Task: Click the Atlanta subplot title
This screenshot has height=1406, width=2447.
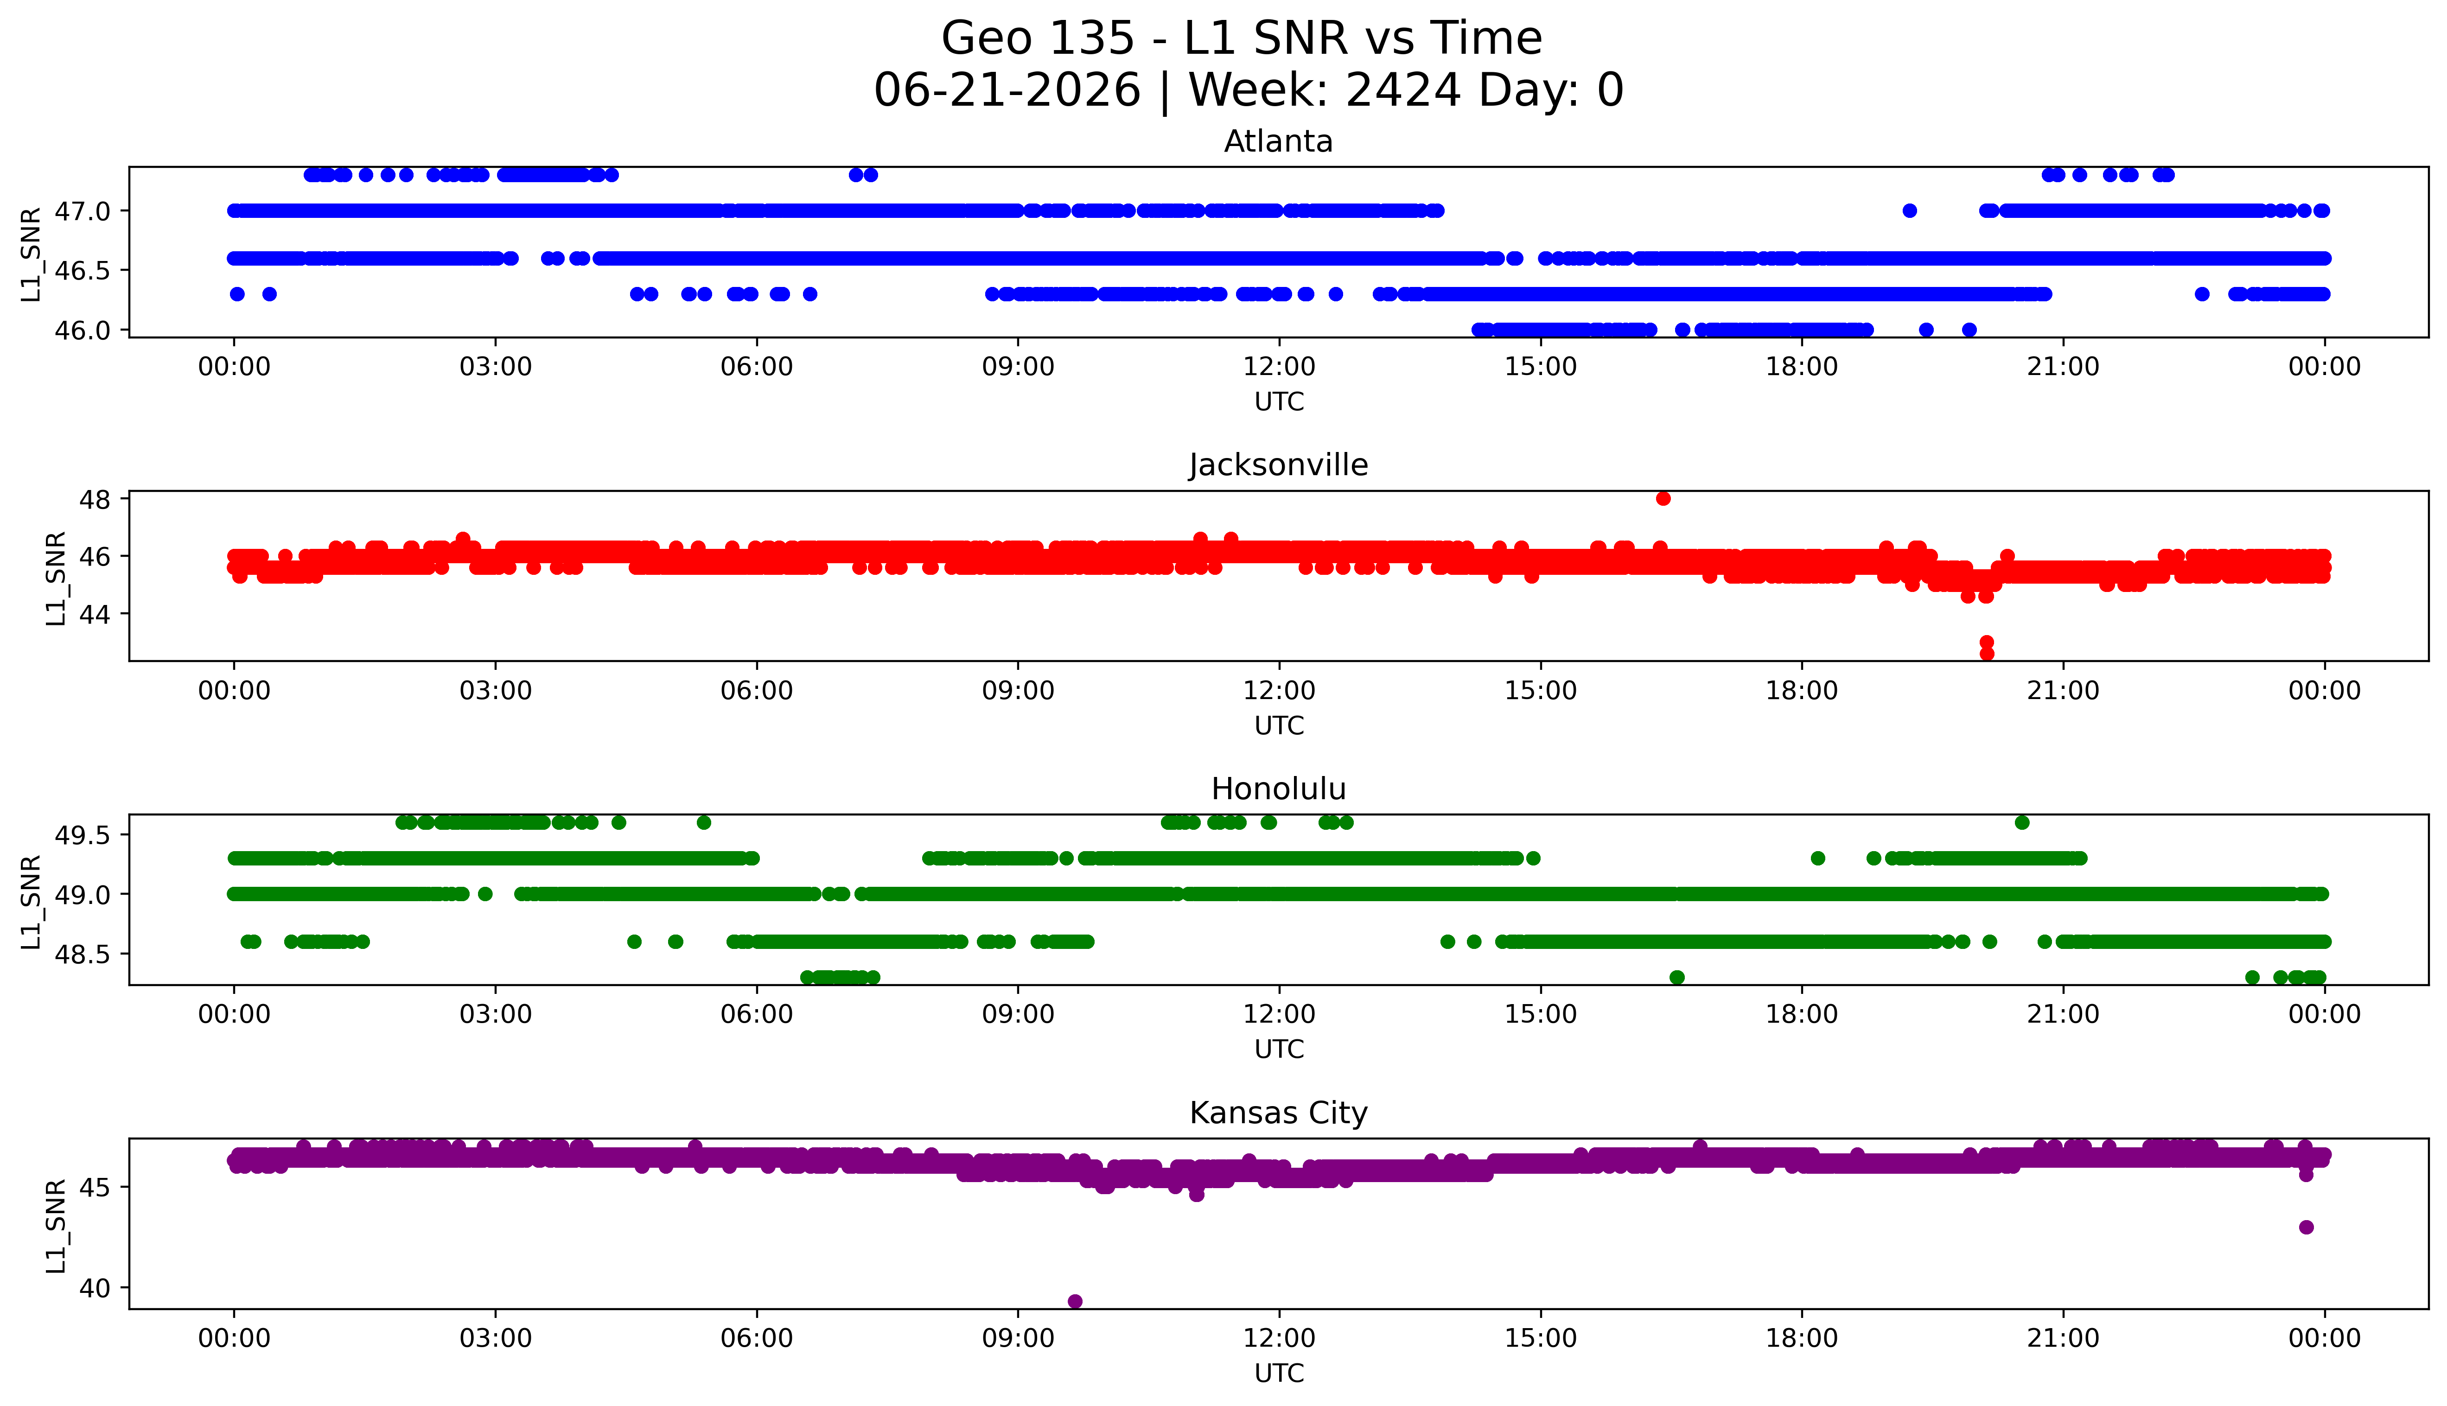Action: tap(1279, 142)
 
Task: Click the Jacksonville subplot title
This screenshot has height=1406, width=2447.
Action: tap(1279, 465)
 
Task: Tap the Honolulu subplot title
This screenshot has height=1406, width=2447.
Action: tap(1279, 789)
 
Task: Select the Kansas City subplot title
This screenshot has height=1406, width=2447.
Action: tap(1279, 1113)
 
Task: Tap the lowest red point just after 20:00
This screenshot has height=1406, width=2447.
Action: tap(1986, 654)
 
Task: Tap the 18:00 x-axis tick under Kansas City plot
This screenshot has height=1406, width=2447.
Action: tap(1802, 1338)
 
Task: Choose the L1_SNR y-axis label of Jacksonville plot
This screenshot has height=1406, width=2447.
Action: tap(56, 579)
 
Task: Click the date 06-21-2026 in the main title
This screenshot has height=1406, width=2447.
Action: tap(1007, 91)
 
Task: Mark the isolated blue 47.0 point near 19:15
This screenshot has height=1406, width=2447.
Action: tap(1909, 210)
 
